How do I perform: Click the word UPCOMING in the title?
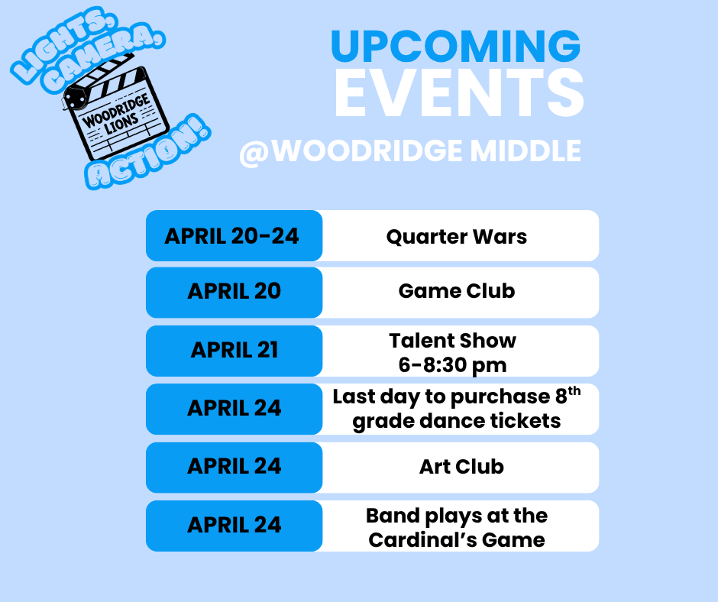pyautogui.click(x=455, y=47)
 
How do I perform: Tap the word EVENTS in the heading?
pyautogui.click(x=458, y=95)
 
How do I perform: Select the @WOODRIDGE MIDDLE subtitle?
pyautogui.click(x=410, y=151)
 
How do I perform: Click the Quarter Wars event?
pyautogui.click(x=457, y=236)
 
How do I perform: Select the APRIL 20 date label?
pyautogui.click(x=234, y=291)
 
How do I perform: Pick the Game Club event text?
pyautogui.click(x=457, y=291)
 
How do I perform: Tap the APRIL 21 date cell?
pyautogui.click(x=234, y=350)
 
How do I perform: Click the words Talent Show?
pyautogui.click(x=452, y=340)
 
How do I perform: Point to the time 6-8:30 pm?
pyautogui.click(x=452, y=364)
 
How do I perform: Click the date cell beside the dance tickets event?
pyautogui.click(x=234, y=408)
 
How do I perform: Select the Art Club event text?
pyautogui.click(x=461, y=466)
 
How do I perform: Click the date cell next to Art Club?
pyautogui.click(x=234, y=466)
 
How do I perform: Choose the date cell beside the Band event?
pyautogui.click(x=234, y=525)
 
